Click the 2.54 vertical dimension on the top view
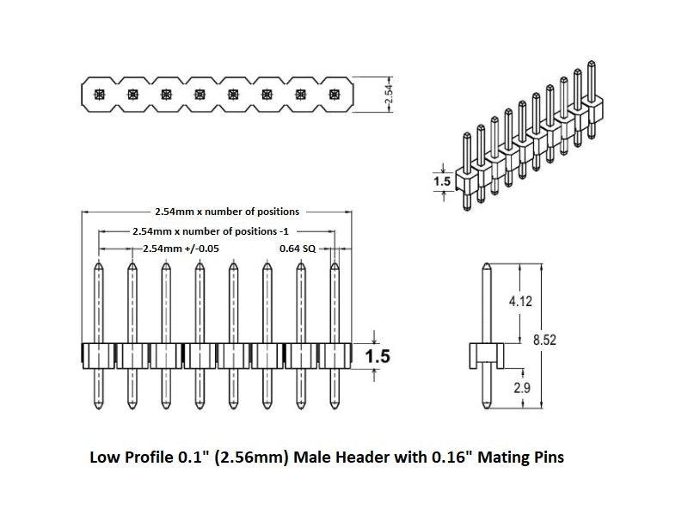pyautogui.click(x=390, y=95)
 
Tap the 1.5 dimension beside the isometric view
pyautogui.click(x=442, y=181)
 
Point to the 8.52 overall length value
pyautogui.click(x=544, y=341)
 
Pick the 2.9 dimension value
pyautogui.click(x=522, y=388)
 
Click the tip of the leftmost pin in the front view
pyautogui.click(x=100, y=265)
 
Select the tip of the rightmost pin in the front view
pyautogui.click(x=335, y=265)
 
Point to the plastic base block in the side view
pyautogui.click(x=485, y=353)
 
